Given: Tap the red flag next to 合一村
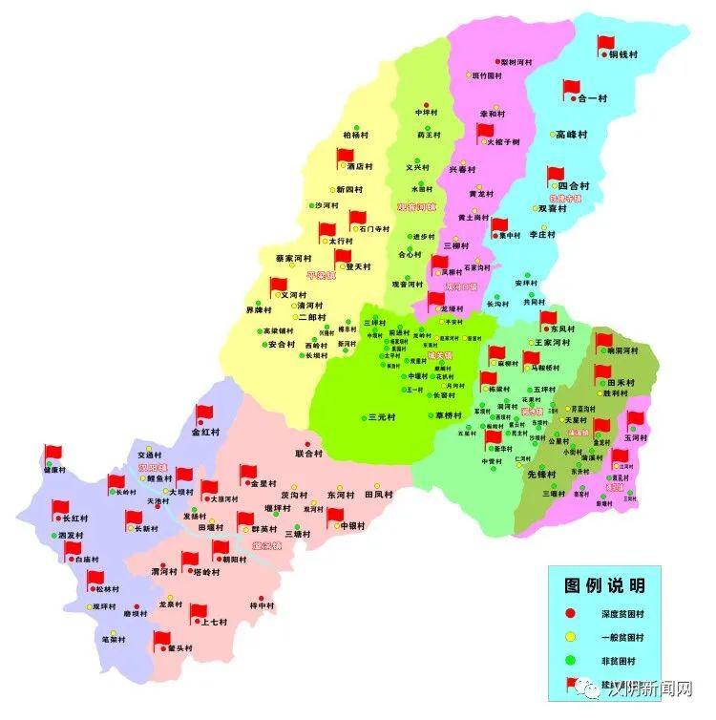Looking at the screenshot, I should [x=571, y=88].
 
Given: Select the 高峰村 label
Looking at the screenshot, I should [x=573, y=136].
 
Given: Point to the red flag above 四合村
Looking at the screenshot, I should [x=556, y=176].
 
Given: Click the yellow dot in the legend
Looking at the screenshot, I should [x=570, y=636].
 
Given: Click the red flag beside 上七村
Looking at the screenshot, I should [x=198, y=612].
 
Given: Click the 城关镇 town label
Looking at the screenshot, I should [x=440, y=355].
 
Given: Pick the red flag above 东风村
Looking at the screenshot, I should [x=547, y=318].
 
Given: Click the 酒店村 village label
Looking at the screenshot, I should [x=360, y=166].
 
